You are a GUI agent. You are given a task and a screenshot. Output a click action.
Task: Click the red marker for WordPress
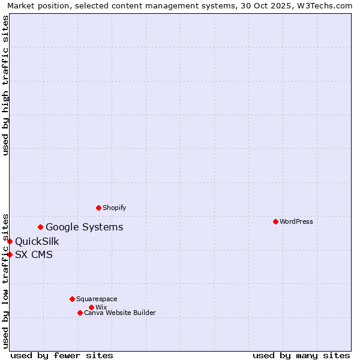click(275, 221)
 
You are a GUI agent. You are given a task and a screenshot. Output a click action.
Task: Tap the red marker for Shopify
click(98, 208)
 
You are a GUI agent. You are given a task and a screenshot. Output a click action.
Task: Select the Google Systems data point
click(40, 227)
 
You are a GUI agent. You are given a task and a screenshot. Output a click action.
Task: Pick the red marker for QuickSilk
click(10, 241)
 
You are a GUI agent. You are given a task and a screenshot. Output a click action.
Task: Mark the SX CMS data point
click(10, 254)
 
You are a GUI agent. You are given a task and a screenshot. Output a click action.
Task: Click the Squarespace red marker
click(72, 299)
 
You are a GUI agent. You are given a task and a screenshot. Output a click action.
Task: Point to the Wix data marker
click(91, 307)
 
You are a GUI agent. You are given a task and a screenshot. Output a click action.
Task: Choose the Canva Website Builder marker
click(80, 313)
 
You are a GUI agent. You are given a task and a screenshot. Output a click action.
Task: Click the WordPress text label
click(296, 221)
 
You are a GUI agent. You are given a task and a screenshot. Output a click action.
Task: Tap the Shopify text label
click(114, 208)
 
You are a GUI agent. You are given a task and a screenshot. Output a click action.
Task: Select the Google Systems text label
click(85, 227)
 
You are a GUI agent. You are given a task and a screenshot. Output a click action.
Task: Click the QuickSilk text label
click(37, 241)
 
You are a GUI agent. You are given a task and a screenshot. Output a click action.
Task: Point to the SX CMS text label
click(34, 254)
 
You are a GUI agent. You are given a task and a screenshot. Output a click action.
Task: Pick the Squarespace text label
click(97, 299)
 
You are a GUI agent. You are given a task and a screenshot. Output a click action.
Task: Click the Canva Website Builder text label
click(120, 313)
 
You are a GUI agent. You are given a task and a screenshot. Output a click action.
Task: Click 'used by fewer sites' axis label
click(62, 355)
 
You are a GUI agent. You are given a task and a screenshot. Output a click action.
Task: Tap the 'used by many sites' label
click(301, 355)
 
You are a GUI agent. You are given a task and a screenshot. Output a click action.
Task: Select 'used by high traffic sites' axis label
click(6, 85)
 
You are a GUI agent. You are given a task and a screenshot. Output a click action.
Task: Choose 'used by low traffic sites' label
click(6, 281)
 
